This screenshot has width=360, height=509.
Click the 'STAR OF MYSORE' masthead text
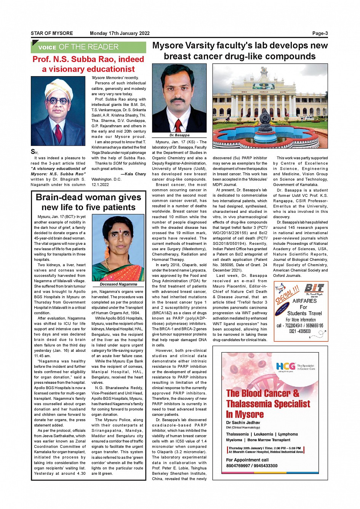[52, 34]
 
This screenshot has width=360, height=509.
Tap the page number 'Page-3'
[320, 34]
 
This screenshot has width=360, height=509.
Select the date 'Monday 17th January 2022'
[120, 34]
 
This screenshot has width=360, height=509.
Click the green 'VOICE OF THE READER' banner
[88, 47]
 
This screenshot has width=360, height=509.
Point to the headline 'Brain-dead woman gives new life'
[88, 202]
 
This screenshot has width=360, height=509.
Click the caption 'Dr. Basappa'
[179, 135]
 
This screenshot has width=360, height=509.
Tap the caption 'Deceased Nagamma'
[118, 284]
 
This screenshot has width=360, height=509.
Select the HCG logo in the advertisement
[286, 367]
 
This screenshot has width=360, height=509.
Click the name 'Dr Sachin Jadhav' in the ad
[243, 423]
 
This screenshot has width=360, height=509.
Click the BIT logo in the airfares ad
[314, 288]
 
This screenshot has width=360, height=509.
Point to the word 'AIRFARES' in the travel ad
[304, 301]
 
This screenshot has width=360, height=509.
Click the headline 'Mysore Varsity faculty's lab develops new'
[240, 46]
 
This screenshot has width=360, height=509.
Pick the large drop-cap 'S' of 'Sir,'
[33, 152]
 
